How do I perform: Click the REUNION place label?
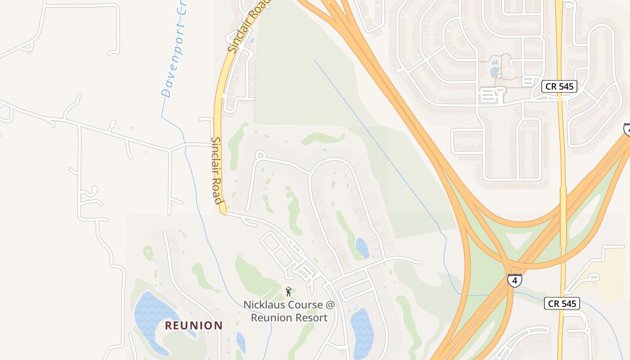tap(193, 325)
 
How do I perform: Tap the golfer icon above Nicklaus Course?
tap(288, 292)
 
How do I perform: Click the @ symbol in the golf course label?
tap(330, 305)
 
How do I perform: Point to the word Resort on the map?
tap(309, 317)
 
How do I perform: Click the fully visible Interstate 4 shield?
tap(514, 280)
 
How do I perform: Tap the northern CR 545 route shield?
tap(559, 86)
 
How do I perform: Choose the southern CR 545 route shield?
tap(562, 304)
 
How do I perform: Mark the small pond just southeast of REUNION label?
tap(241, 342)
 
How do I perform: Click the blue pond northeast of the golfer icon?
tap(362, 247)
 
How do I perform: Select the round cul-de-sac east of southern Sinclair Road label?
tap(260, 155)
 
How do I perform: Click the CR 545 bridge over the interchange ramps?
tap(563, 216)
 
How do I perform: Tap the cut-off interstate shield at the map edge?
tap(627, 129)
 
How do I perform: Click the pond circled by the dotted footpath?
tap(495, 71)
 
